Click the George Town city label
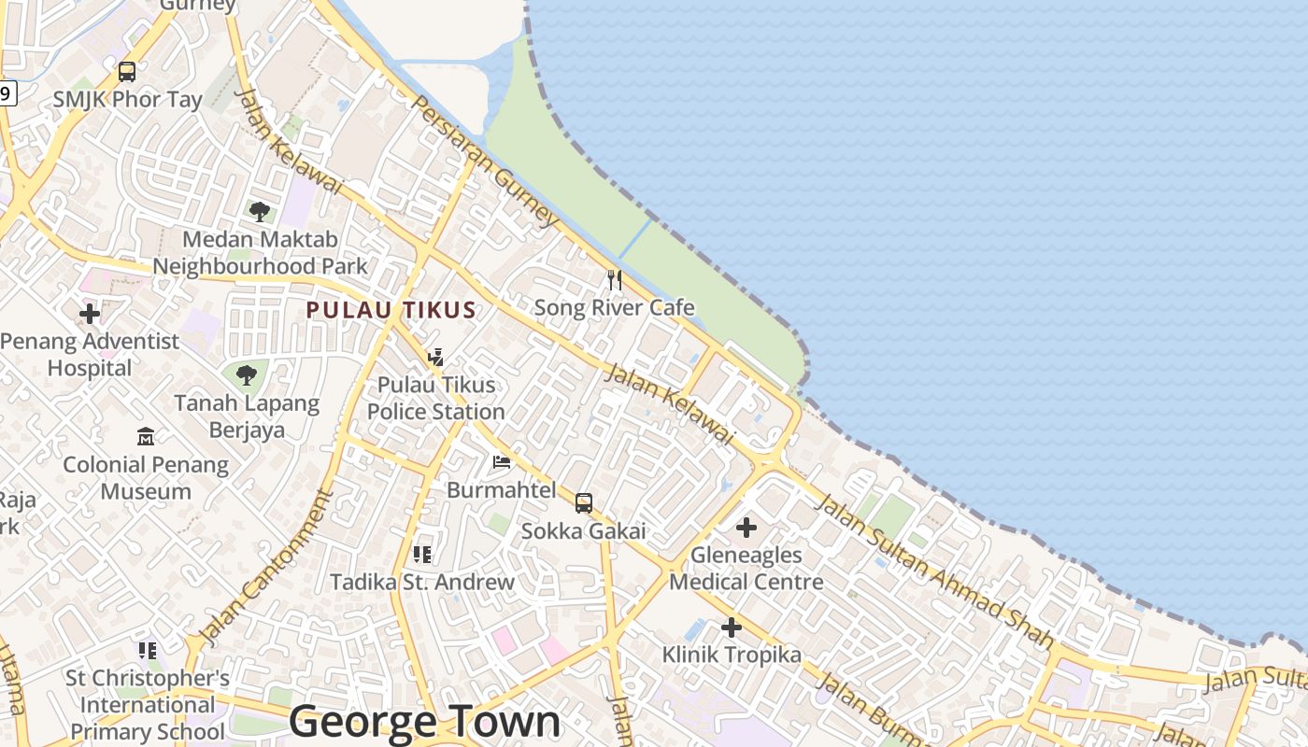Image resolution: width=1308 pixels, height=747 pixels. (424, 722)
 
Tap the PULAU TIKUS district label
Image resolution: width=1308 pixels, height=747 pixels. (391, 310)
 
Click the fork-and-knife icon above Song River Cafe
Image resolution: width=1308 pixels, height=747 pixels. (614, 279)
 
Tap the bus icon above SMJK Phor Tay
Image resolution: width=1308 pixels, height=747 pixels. (126, 71)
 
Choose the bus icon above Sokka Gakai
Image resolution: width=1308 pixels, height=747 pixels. (583, 503)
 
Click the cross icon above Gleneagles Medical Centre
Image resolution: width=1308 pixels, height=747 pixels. (746, 528)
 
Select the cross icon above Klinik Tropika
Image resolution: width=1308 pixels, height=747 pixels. (732, 627)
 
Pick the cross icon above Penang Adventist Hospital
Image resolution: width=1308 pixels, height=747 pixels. (90, 314)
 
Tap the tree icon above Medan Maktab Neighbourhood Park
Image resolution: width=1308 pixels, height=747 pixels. (259, 211)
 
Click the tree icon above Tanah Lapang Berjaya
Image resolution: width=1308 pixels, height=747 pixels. (247, 375)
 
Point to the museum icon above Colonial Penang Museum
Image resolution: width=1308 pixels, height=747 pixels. (145, 436)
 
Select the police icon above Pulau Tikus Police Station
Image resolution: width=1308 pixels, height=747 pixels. (435, 357)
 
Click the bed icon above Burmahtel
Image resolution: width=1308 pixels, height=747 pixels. (502, 462)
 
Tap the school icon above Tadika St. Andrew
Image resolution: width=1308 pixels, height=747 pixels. (422, 555)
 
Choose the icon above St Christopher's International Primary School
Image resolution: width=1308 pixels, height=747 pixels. (147, 650)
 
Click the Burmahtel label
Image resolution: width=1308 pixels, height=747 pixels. (501, 489)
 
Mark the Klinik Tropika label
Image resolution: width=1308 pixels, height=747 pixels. (732, 655)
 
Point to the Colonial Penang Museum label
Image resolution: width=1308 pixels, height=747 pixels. (146, 477)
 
